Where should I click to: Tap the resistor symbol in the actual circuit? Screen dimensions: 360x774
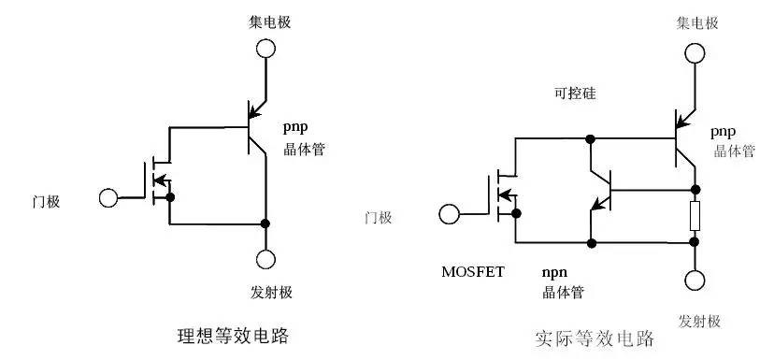[695, 216]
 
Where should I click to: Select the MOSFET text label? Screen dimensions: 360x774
[473, 272]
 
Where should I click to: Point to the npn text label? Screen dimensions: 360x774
[556, 272]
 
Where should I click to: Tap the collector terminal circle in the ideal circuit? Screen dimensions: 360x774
[265, 48]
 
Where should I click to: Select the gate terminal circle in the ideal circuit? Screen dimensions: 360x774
[109, 198]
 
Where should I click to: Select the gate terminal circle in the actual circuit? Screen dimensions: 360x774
[450, 216]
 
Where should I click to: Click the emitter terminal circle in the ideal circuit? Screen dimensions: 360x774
[265, 259]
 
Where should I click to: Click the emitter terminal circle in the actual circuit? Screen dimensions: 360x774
[695, 280]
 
